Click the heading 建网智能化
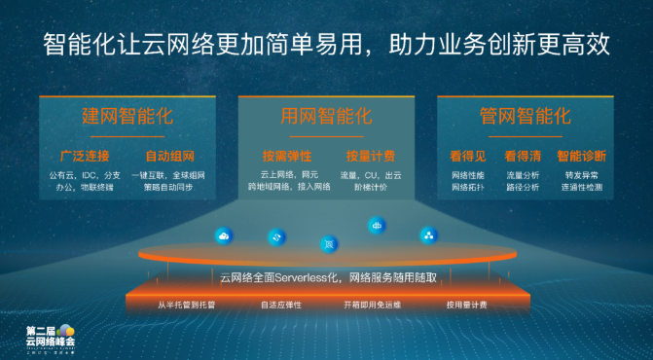(x=127, y=117)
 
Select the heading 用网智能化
(x=326, y=117)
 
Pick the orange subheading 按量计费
(x=370, y=156)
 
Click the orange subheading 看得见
(x=467, y=156)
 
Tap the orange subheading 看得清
(x=522, y=156)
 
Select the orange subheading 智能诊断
(x=582, y=156)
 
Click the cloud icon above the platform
(x=224, y=234)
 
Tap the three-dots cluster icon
(x=428, y=234)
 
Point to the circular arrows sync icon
(x=277, y=236)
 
